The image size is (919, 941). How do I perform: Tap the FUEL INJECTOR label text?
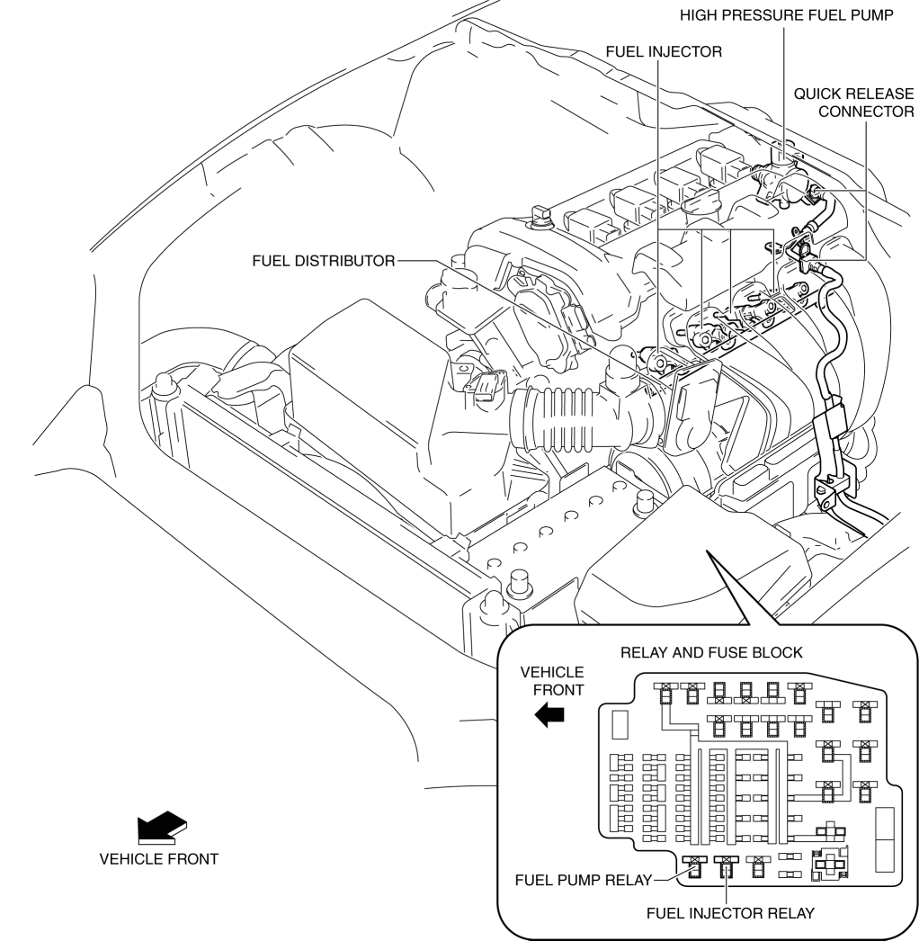664,52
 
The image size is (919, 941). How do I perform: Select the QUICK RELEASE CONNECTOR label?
853,102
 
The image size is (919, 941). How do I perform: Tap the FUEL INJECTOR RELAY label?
730,912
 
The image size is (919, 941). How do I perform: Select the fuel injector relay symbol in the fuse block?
725,865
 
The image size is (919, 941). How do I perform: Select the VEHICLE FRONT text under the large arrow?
159,858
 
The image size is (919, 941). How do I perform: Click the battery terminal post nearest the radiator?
517,583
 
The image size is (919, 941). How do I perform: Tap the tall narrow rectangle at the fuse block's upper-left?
619,723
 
